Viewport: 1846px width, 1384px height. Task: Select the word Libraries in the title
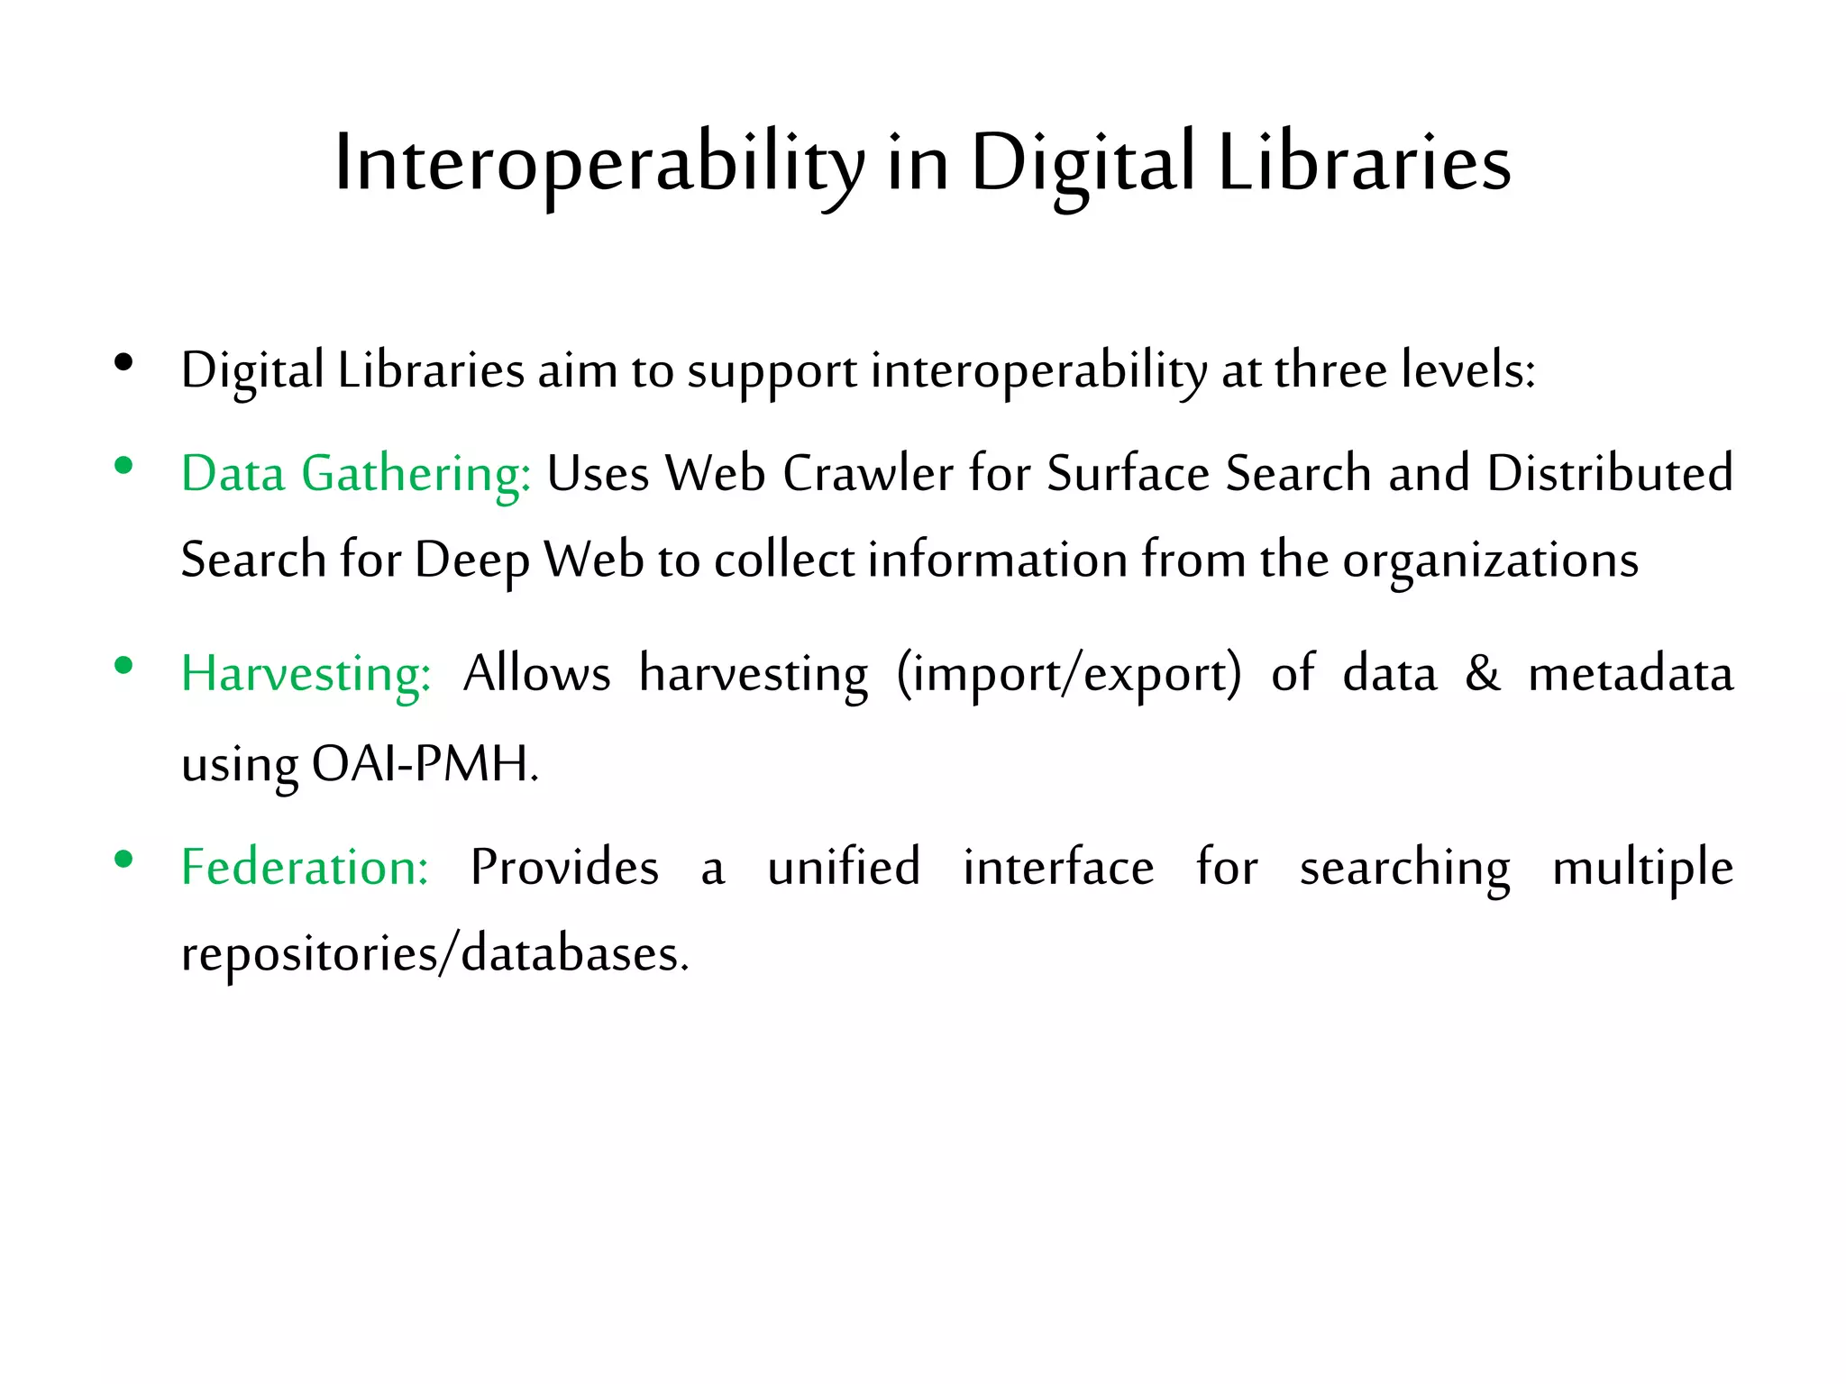point(1364,164)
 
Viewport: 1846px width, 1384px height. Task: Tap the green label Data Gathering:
point(356,474)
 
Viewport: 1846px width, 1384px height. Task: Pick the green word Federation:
point(305,868)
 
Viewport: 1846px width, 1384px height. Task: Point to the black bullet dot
point(124,363)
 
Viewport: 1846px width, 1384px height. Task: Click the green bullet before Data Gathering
point(124,466)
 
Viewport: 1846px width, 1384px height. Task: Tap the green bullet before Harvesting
point(124,666)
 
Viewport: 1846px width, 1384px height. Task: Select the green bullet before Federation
point(124,860)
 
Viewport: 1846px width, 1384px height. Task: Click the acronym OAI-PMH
point(424,764)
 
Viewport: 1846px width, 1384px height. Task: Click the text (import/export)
point(1069,674)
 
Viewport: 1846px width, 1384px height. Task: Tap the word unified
point(844,868)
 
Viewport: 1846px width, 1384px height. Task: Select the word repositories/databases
point(434,954)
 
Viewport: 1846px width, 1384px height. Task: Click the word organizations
point(1490,560)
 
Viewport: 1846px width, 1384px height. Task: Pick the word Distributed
point(1610,474)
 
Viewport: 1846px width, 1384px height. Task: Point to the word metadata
point(1631,674)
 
